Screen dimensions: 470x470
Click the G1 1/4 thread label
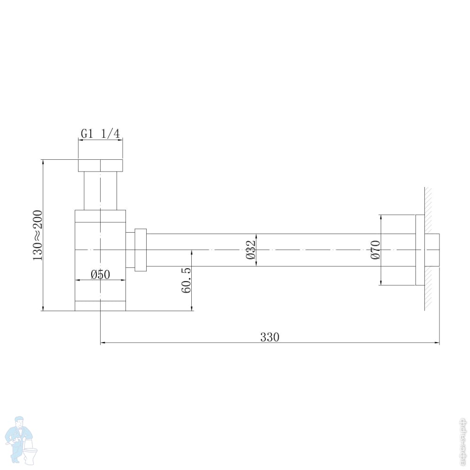click(100, 133)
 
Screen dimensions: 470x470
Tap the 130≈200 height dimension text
click(38, 235)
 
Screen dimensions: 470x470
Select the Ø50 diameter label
click(101, 274)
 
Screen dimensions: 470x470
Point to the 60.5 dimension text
click(186, 280)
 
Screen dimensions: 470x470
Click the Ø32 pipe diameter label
click(251, 250)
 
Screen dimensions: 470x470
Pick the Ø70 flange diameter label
click(375, 250)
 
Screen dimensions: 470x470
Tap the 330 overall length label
click(270, 337)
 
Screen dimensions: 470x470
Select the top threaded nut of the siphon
click(101, 165)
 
